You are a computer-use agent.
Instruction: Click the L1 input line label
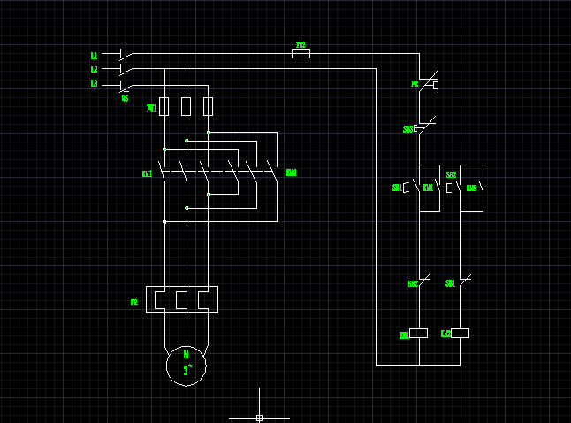[x=95, y=56]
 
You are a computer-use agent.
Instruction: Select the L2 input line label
[x=95, y=69]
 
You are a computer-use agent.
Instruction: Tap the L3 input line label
[x=95, y=84]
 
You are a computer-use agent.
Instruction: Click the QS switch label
[x=125, y=98]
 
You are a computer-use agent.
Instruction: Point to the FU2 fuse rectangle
[x=301, y=53]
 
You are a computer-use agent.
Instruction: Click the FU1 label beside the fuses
[x=151, y=108]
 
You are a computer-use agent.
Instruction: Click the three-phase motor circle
[x=186, y=365]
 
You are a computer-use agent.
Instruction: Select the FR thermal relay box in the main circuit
[x=186, y=299]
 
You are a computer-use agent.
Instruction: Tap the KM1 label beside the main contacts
[x=147, y=173]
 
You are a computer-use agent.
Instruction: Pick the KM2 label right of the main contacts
[x=291, y=173]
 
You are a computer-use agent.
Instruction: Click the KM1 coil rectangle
[x=419, y=334]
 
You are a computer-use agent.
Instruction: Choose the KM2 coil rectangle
[x=460, y=334]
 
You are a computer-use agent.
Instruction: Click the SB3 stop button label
[x=407, y=129]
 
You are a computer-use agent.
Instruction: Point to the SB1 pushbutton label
[x=396, y=188]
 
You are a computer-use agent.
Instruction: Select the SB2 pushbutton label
[x=451, y=175]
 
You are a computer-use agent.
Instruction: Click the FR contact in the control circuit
[x=429, y=84]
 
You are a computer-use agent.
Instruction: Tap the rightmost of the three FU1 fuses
[x=209, y=107]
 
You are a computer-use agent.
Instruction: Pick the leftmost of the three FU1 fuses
[x=164, y=107]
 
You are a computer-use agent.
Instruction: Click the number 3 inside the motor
[x=186, y=372]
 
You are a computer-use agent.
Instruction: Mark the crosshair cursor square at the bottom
[x=259, y=418]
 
